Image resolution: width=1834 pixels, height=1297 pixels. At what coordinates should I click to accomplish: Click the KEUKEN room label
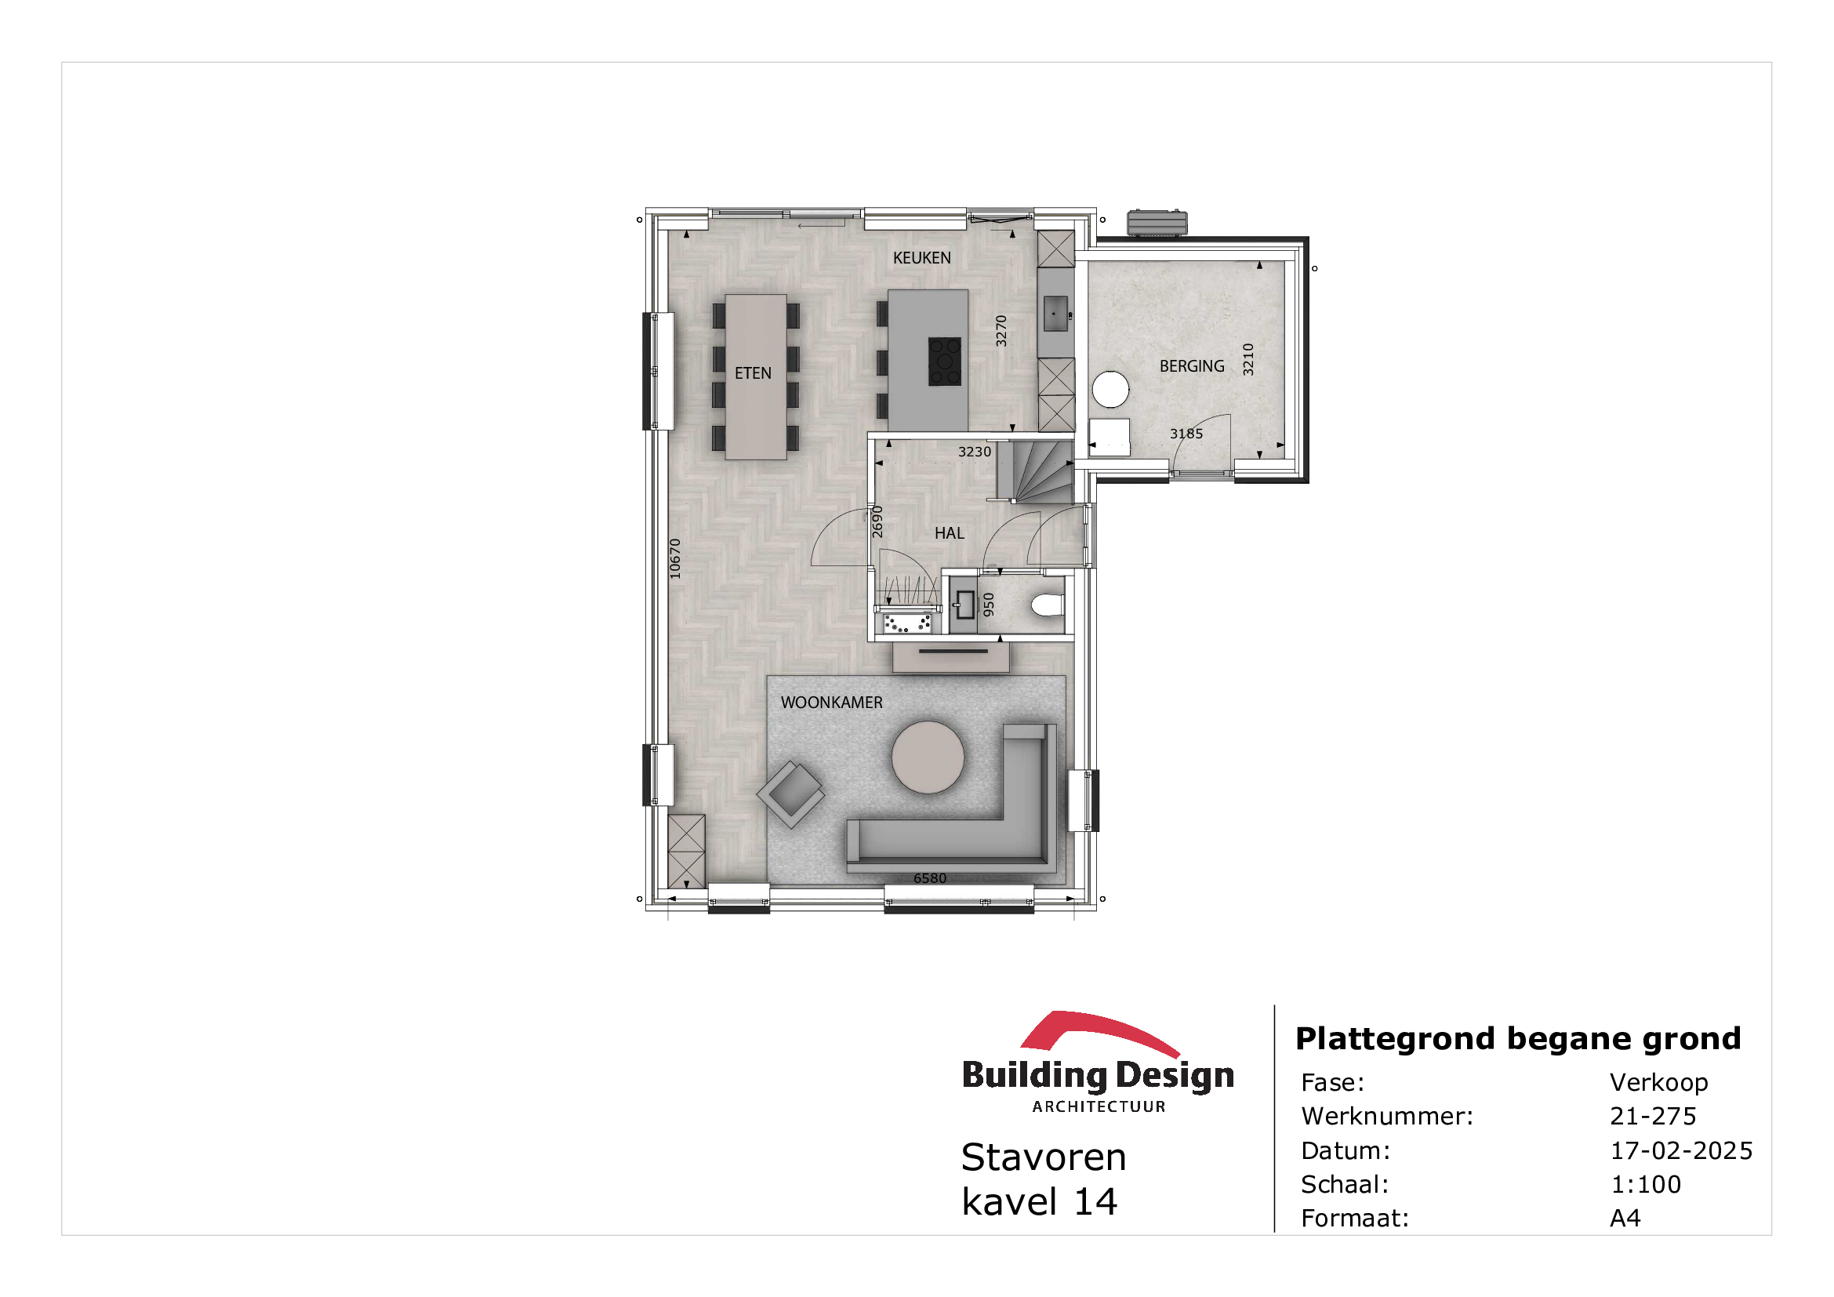(922, 258)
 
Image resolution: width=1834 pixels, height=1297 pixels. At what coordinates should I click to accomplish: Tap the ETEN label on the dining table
(753, 373)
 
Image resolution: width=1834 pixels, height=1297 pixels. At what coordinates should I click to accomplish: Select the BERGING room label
(1192, 365)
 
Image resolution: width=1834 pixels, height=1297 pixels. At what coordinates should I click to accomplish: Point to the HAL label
(949, 532)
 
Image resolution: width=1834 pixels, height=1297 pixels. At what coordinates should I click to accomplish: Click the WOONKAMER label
(831, 702)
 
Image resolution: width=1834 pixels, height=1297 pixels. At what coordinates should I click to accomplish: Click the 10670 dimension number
(675, 558)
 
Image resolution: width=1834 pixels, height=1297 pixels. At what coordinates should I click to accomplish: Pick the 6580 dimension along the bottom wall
(930, 878)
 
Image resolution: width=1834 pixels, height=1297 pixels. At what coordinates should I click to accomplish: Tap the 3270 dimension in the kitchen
(1001, 331)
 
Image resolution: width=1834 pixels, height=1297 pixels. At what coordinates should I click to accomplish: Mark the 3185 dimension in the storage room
(1186, 434)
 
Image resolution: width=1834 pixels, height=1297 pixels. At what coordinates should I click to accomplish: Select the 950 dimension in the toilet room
(989, 605)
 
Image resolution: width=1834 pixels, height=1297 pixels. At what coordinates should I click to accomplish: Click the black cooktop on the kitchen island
(944, 361)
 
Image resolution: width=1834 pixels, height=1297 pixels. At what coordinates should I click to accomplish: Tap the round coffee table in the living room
(928, 757)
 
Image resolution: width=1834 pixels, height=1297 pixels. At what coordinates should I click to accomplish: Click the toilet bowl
(1048, 605)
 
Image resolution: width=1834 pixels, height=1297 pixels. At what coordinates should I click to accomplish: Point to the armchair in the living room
(791, 794)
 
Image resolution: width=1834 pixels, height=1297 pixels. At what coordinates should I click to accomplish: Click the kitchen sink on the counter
(1055, 314)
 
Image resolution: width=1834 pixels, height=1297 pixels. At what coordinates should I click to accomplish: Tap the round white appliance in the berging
(1110, 390)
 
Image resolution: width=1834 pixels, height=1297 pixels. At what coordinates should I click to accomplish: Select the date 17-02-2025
(1681, 1151)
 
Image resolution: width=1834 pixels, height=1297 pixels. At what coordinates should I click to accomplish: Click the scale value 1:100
(1646, 1184)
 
